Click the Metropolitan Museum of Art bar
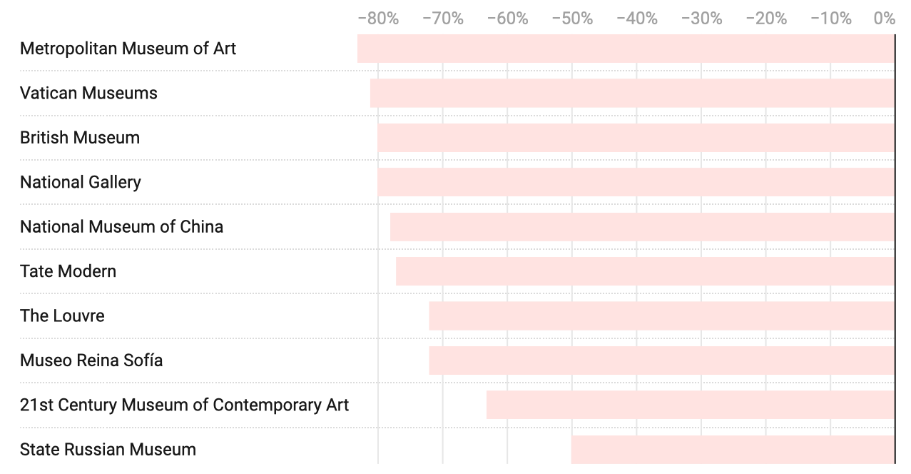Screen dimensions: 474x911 [626, 49]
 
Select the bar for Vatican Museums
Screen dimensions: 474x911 [632, 93]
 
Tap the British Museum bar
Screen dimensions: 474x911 [636, 138]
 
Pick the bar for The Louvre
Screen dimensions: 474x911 [661, 316]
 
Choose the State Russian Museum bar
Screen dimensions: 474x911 [733, 450]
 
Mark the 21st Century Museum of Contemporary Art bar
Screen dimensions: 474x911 [691, 405]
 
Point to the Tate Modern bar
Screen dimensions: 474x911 [645, 271]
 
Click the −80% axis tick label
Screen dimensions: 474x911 [378, 19]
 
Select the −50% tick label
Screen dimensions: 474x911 [572, 19]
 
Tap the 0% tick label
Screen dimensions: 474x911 [885, 19]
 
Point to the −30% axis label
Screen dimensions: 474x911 [701, 19]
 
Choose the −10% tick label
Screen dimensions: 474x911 [830, 19]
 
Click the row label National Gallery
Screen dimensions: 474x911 [81, 182]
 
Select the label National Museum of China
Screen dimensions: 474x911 [121, 227]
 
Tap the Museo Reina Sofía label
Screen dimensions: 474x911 [91, 360]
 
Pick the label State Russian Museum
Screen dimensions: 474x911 [108, 450]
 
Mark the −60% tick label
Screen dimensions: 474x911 [507, 19]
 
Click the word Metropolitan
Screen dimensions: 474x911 [68, 49]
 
